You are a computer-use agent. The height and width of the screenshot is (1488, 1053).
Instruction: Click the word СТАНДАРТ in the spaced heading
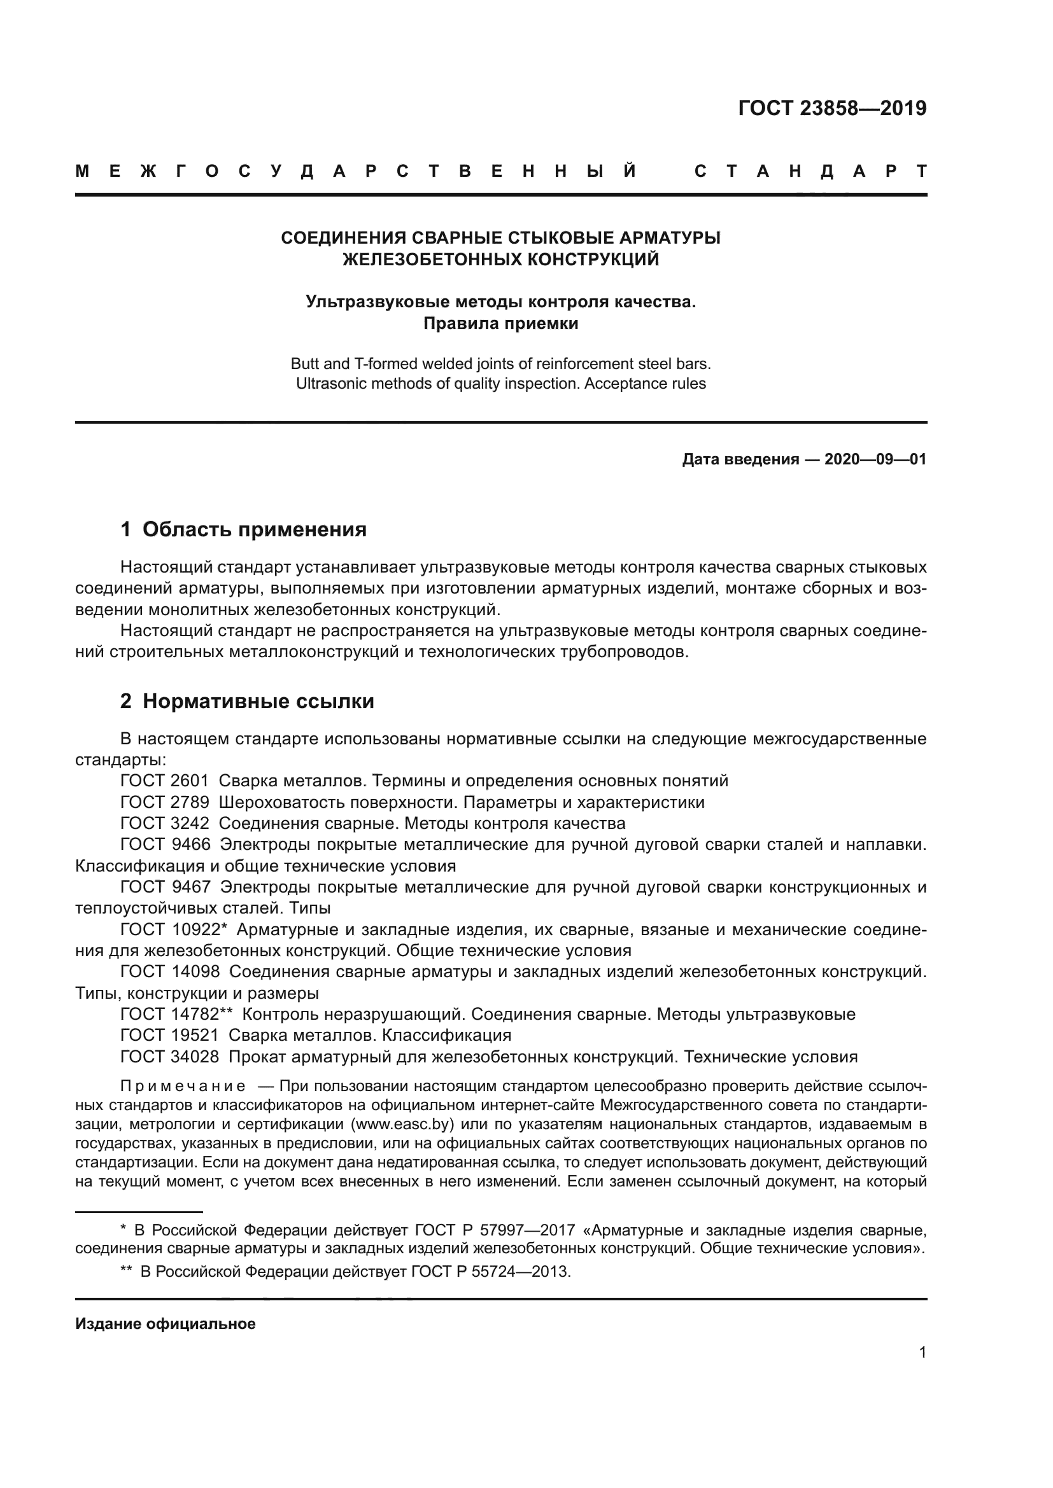(810, 172)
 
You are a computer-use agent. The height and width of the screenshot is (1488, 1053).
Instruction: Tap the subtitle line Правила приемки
(500, 323)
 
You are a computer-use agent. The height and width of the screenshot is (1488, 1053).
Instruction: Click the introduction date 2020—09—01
(875, 459)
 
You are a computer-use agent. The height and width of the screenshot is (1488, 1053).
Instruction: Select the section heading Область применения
(254, 529)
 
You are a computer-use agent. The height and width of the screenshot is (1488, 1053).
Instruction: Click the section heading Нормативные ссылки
(258, 701)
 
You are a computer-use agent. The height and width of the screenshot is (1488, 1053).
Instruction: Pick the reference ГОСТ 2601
(165, 781)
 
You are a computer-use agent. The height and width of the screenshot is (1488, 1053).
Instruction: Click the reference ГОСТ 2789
(165, 802)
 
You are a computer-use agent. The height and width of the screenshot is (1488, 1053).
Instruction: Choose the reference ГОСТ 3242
(165, 824)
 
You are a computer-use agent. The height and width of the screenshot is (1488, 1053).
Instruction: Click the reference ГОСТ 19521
(170, 1035)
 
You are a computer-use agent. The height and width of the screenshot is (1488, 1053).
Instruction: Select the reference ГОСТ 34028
(170, 1057)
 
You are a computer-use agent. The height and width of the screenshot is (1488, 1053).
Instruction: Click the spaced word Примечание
(183, 1086)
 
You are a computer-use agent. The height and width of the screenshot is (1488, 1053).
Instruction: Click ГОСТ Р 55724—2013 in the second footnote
(490, 1271)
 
